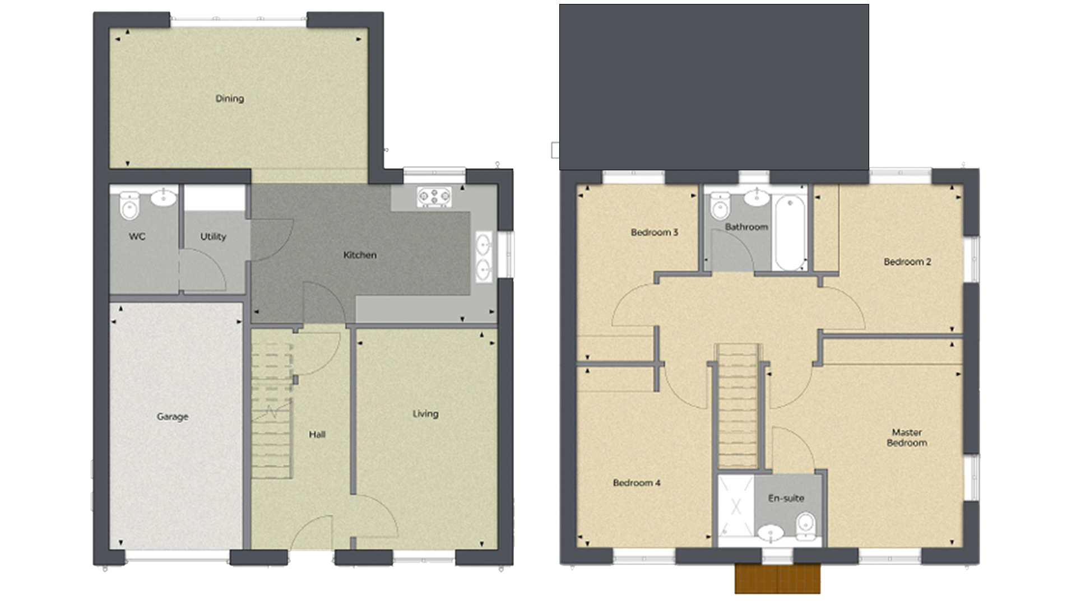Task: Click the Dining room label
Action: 230,99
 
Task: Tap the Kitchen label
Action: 360,255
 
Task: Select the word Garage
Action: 173,417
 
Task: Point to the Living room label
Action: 425,414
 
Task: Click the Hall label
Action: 317,434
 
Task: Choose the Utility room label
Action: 213,236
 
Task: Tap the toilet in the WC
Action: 129,206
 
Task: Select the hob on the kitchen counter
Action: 434,197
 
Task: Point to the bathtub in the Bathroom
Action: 790,232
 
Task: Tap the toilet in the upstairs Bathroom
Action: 720,206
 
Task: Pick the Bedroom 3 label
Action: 655,232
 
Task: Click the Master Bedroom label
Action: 907,438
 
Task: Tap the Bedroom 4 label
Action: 637,482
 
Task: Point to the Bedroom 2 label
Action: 907,262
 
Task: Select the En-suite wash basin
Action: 770,534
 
